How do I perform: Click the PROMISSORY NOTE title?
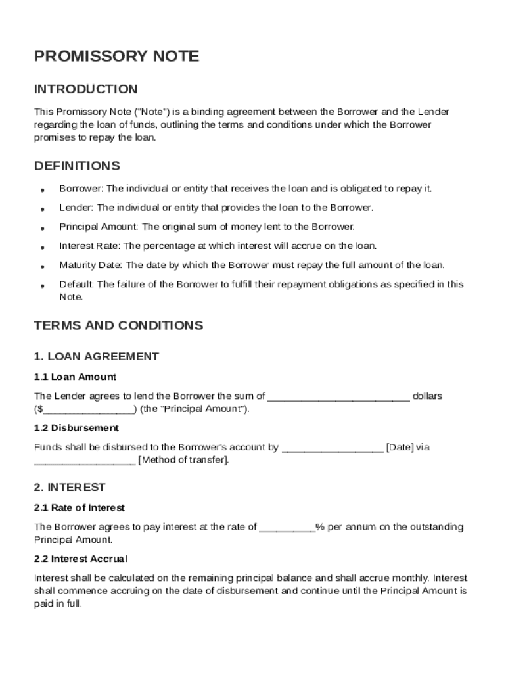click(x=116, y=57)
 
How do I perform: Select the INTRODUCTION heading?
click(x=85, y=89)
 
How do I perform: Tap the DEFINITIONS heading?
click(x=77, y=166)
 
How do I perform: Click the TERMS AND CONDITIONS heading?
click(x=118, y=325)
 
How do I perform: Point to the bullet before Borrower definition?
click(x=42, y=190)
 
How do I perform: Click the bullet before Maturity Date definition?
click(x=42, y=267)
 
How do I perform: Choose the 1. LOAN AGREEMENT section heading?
click(x=96, y=356)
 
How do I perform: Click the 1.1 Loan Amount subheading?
click(x=75, y=377)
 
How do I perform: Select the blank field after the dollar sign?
click(x=88, y=409)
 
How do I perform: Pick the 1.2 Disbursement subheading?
click(x=76, y=428)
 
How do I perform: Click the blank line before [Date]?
click(x=332, y=448)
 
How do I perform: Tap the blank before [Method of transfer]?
click(x=85, y=461)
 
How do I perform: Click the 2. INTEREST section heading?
click(x=70, y=487)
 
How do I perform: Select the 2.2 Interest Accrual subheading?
click(x=80, y=559)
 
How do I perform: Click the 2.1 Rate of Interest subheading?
click(x=79, y=507)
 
